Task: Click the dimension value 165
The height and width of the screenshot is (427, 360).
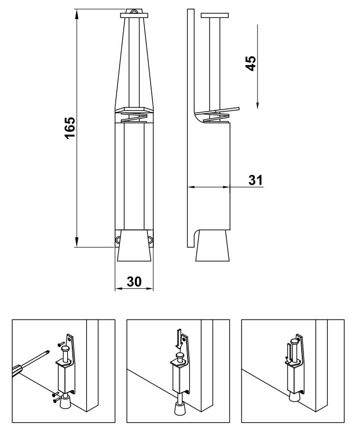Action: pos(69,128)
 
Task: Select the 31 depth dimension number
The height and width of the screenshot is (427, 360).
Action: pos(256,180)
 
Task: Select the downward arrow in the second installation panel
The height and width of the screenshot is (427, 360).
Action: pos(179,337)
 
